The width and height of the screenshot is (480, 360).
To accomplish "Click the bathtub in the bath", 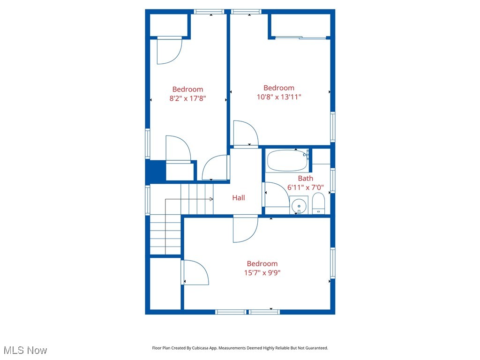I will click(287, 161).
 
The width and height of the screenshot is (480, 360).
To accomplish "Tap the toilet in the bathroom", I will click(318, 203).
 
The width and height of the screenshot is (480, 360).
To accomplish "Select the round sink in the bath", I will click(299, 205).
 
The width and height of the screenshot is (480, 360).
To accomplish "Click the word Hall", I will click(239, 198).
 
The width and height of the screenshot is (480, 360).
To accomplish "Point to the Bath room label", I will click(306, 178).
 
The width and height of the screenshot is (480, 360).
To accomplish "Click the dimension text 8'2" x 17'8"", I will click(187, 98).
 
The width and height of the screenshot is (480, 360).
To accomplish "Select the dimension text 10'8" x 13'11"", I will click(279, 97).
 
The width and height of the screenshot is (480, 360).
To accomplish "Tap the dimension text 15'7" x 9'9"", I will click(262, 272).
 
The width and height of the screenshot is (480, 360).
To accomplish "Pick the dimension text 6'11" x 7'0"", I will click(306, 187).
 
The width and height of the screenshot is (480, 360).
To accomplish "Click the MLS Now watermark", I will click(25, 350).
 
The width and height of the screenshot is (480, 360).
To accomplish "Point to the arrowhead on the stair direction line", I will click(211, 199).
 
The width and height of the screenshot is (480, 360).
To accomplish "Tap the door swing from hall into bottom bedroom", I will click(245, 229).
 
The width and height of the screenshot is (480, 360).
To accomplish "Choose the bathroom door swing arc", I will click(272, 195).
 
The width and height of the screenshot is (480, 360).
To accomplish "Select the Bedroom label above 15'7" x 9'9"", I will click(262, 263).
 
